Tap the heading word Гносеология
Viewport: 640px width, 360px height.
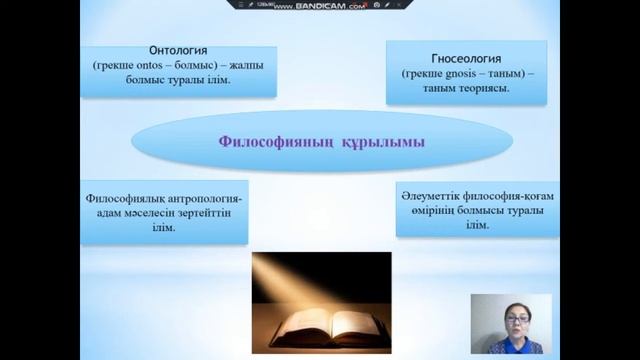(x=461, y=57)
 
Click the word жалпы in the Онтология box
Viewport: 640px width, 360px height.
(x=222, y=66)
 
